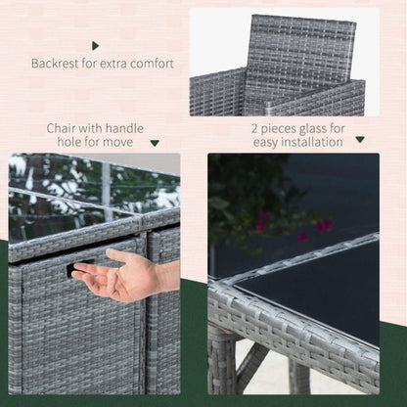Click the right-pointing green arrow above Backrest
95,46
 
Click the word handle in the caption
124,128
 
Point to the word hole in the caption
69,142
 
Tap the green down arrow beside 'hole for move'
155,143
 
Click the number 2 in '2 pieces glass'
254,128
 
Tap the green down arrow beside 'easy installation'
360,139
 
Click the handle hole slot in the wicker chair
78,267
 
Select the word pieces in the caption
278,129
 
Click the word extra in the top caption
113,64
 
